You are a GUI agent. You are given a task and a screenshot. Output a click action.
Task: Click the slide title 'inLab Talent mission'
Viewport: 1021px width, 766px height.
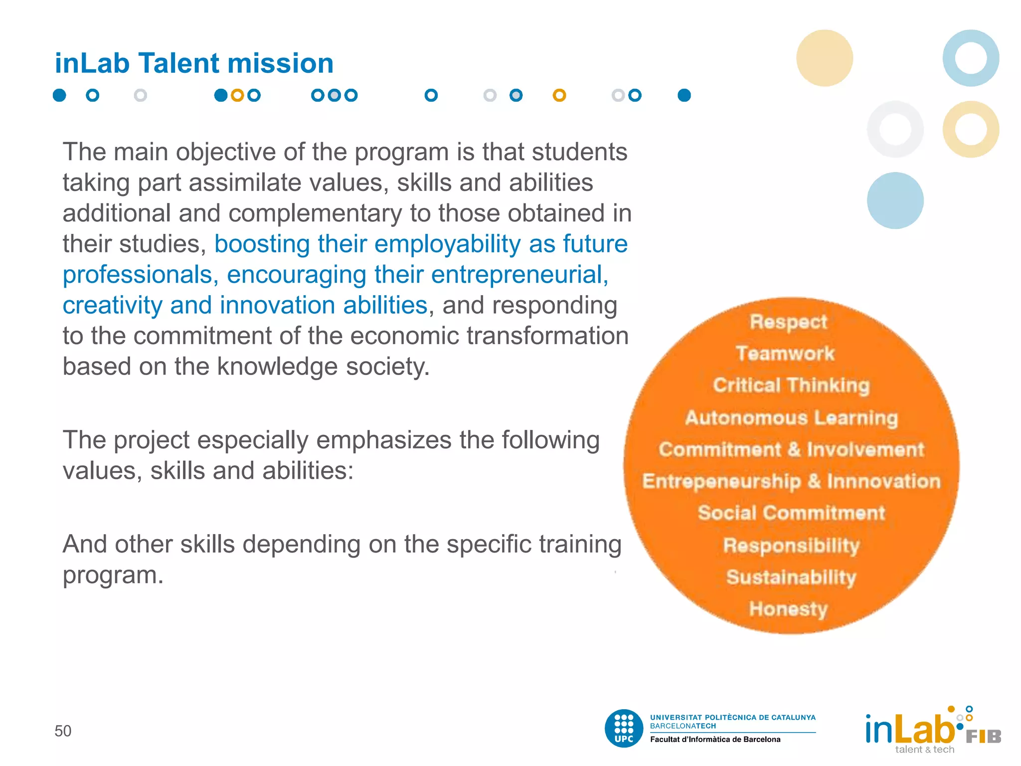click(x=194, y=63)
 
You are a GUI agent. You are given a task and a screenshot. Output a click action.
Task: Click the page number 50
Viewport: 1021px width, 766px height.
click(x=63, y=731)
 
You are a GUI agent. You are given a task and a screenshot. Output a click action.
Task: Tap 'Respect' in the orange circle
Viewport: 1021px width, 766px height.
click(x=788, y=322)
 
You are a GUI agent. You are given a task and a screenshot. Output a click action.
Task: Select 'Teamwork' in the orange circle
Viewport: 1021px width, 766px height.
click(x=785, y=354)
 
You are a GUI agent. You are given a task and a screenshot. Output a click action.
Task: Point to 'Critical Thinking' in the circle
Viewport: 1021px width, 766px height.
click(x=791, y=385)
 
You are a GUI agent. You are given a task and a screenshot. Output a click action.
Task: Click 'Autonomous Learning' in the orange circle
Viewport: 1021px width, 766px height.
click(x=791, y=417)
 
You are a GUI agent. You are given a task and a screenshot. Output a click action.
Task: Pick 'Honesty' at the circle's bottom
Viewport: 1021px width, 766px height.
click(x=788, y=609)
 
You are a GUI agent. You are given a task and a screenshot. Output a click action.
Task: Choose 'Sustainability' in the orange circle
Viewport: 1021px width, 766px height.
click(x=791, y=577)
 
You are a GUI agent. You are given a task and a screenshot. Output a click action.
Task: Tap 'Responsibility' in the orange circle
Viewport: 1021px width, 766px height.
click(x=791, y=545)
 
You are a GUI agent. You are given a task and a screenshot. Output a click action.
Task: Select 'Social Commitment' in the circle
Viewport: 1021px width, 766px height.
click(x=791, y=513)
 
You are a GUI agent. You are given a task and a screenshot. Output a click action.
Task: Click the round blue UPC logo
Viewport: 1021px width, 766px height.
click(x=624, y=728)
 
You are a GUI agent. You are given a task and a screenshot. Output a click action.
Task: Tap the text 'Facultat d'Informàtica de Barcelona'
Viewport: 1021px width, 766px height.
click(x=715, y=740)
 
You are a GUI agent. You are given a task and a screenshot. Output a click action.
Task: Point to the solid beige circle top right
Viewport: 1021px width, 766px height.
click(x=824, y=58)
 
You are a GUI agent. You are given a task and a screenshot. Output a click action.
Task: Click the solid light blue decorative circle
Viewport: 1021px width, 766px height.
click(x=895, y=200)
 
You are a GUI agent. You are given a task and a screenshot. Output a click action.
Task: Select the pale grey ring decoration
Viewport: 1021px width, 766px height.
click(x=895, y=129)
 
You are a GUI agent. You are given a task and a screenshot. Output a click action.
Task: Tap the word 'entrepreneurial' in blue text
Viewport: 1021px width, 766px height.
click(x=516, y=275)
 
